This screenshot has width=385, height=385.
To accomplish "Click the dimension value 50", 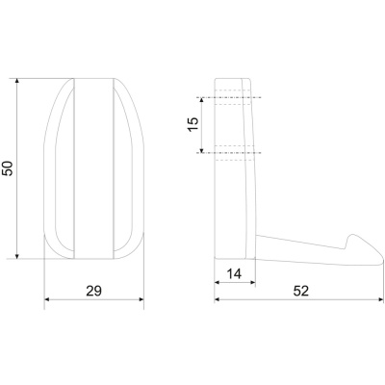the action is point(8,168).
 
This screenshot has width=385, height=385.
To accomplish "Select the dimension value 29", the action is point(93,291).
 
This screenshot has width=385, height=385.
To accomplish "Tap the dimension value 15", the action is point(193,125).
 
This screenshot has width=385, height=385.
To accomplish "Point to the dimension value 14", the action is point(234,274).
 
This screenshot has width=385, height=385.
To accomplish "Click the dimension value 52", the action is point(301,291).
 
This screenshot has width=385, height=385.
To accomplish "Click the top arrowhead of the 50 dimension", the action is point(17,81).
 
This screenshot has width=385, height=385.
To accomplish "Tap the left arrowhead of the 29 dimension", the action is point(47,299).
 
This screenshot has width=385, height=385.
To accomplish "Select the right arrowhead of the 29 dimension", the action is point(141,299).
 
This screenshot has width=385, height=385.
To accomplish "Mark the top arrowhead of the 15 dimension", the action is point(202,100).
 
